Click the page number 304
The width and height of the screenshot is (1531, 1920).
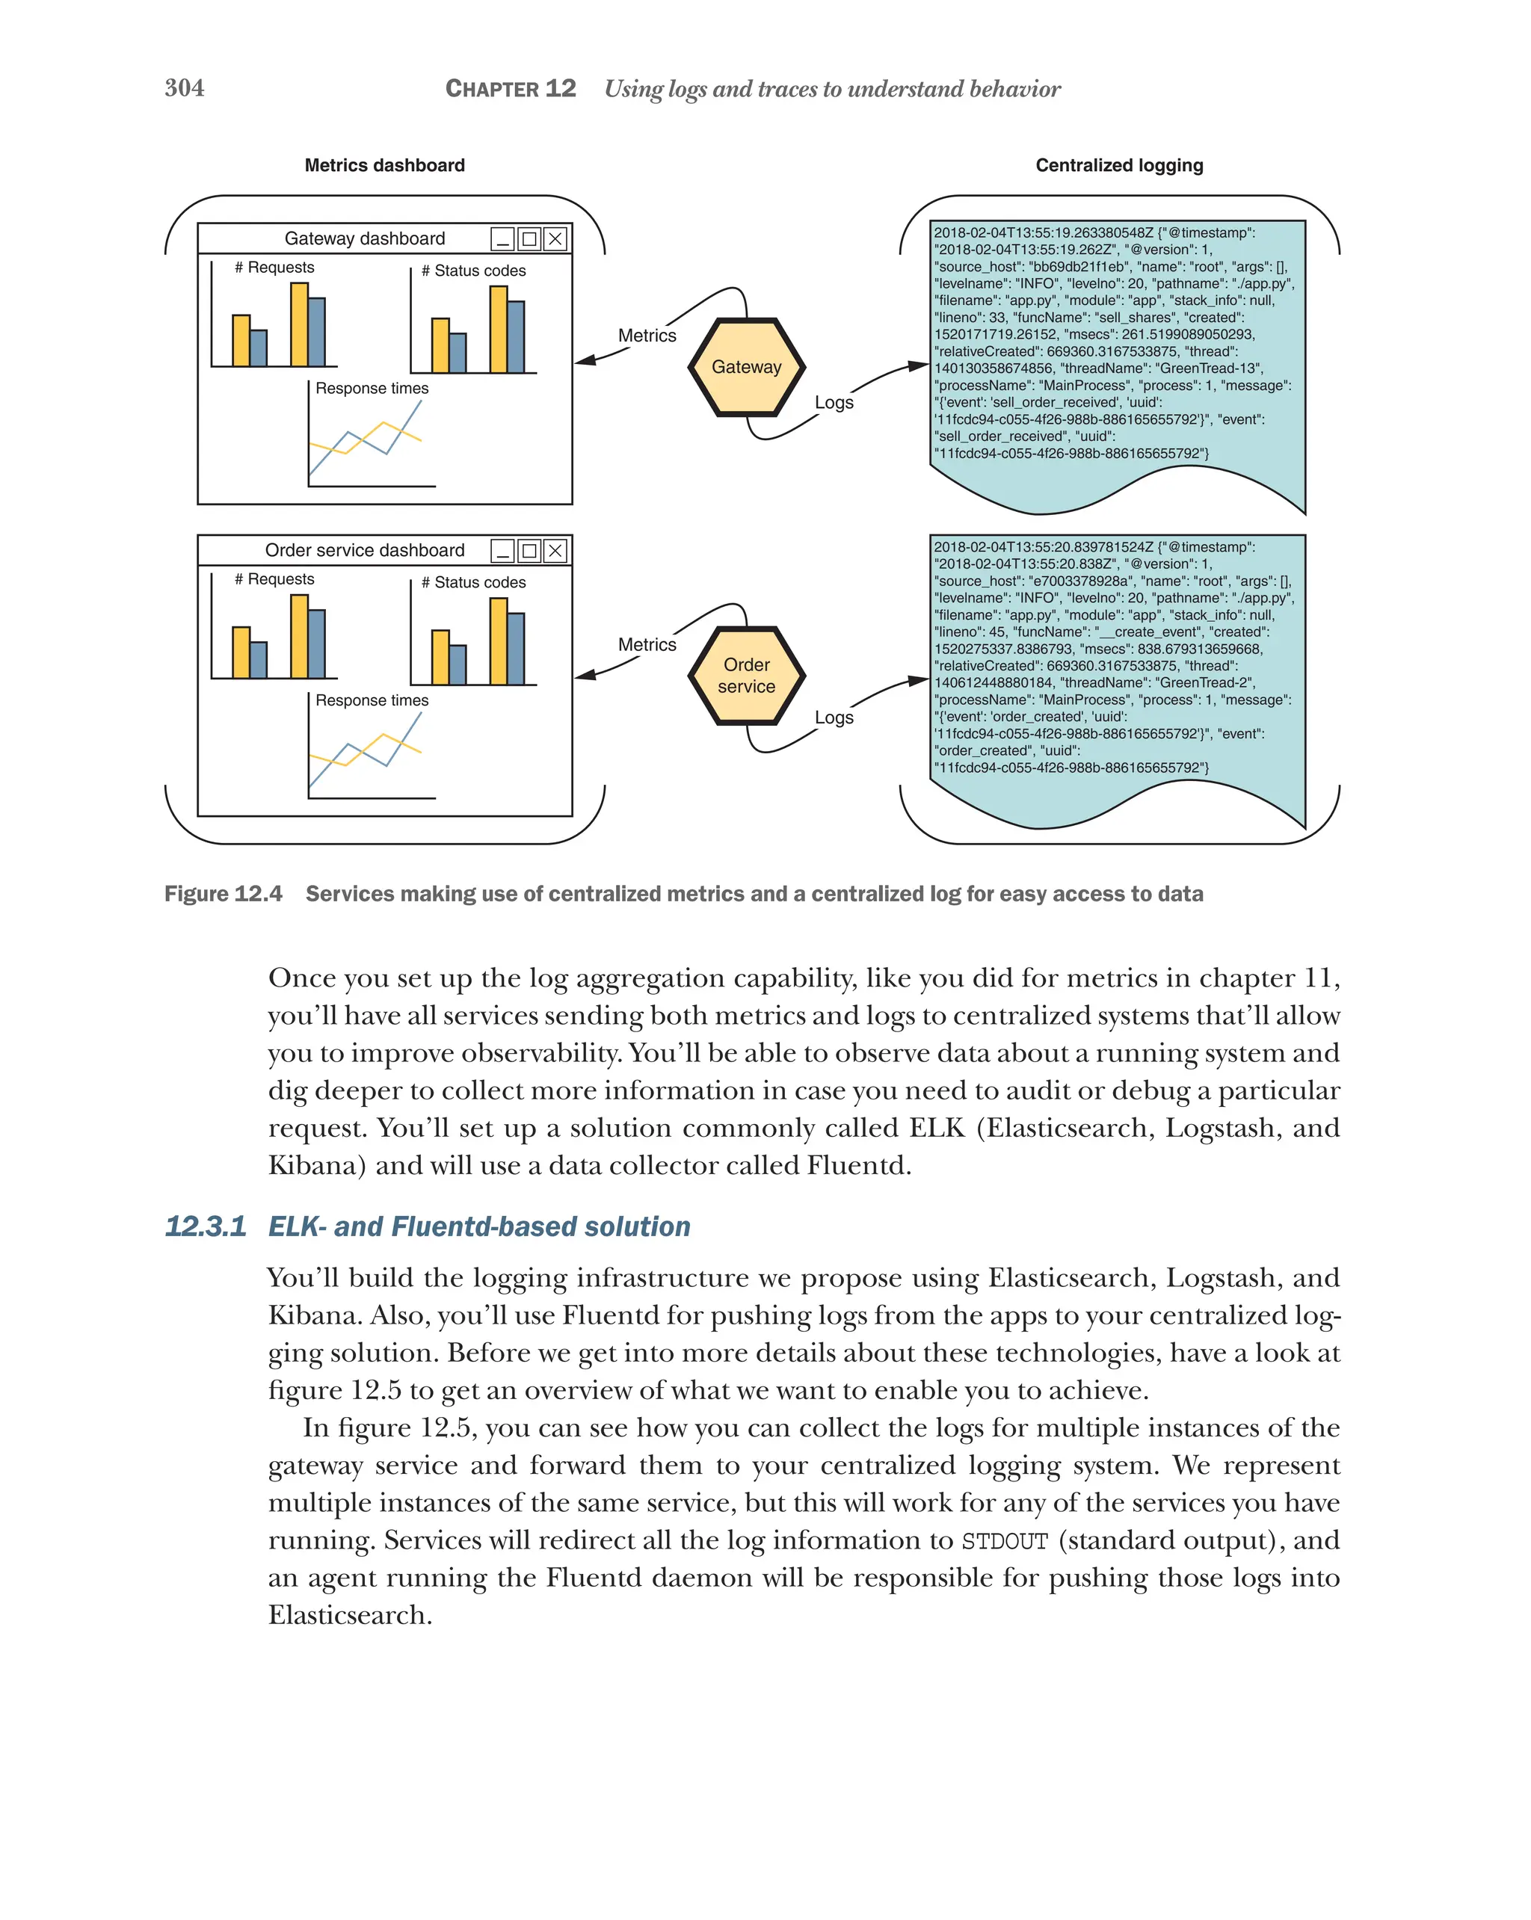coord(185,88)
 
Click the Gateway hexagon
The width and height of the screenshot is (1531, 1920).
coord(746,367)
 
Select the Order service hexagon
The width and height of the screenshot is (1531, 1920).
coord(746,676)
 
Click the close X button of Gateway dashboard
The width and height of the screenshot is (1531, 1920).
coord(555,238)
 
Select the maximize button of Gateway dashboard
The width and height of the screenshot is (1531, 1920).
coord(529,238)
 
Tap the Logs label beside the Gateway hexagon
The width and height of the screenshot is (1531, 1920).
coord(834,403)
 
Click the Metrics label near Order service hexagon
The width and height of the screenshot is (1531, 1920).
coord(647,645)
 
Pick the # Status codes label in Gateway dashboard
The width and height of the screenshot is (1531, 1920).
coord(473,271)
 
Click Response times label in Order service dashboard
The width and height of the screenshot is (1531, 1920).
coord(372,701)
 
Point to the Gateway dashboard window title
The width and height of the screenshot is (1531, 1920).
coord(364,238)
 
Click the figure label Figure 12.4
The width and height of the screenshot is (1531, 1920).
coord(223,894)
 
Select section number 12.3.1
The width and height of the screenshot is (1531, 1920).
coord(205,1226)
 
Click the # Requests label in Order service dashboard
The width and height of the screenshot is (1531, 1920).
coord(274,579)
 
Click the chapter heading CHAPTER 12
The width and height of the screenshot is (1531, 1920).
coord(511,89)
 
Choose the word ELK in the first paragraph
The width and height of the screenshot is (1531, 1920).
coord(936,1129)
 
